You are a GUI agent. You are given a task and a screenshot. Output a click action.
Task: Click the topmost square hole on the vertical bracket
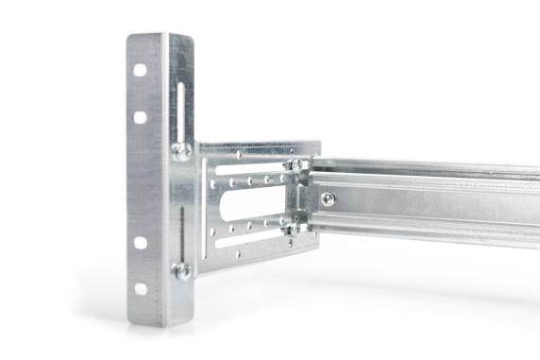(140, 70)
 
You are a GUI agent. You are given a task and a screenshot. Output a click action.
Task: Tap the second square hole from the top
(140, 117)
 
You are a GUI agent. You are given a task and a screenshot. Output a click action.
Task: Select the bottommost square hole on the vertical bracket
(140, 288)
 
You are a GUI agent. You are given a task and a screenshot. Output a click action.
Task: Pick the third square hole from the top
(140, 242)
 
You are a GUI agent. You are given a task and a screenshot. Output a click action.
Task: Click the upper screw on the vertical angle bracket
(180, 149)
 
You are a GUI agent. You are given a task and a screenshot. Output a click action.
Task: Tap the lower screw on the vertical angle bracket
(180, 270)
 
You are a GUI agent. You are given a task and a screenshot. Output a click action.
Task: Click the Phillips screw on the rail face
(327, 199)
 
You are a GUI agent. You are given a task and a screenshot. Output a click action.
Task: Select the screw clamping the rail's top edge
(297, 165)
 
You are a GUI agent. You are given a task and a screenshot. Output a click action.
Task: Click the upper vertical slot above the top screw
(179, 109)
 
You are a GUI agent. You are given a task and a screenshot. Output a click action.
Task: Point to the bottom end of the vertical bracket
(160, 321)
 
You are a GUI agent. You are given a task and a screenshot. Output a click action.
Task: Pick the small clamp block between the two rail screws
(300, 197)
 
